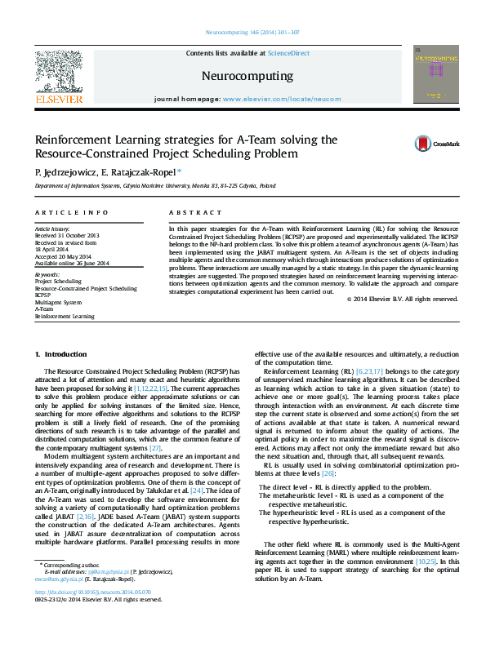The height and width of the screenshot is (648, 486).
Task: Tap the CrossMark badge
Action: click(x=437, y=143)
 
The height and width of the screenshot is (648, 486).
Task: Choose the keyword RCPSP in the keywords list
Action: click(x=43, y=295)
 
